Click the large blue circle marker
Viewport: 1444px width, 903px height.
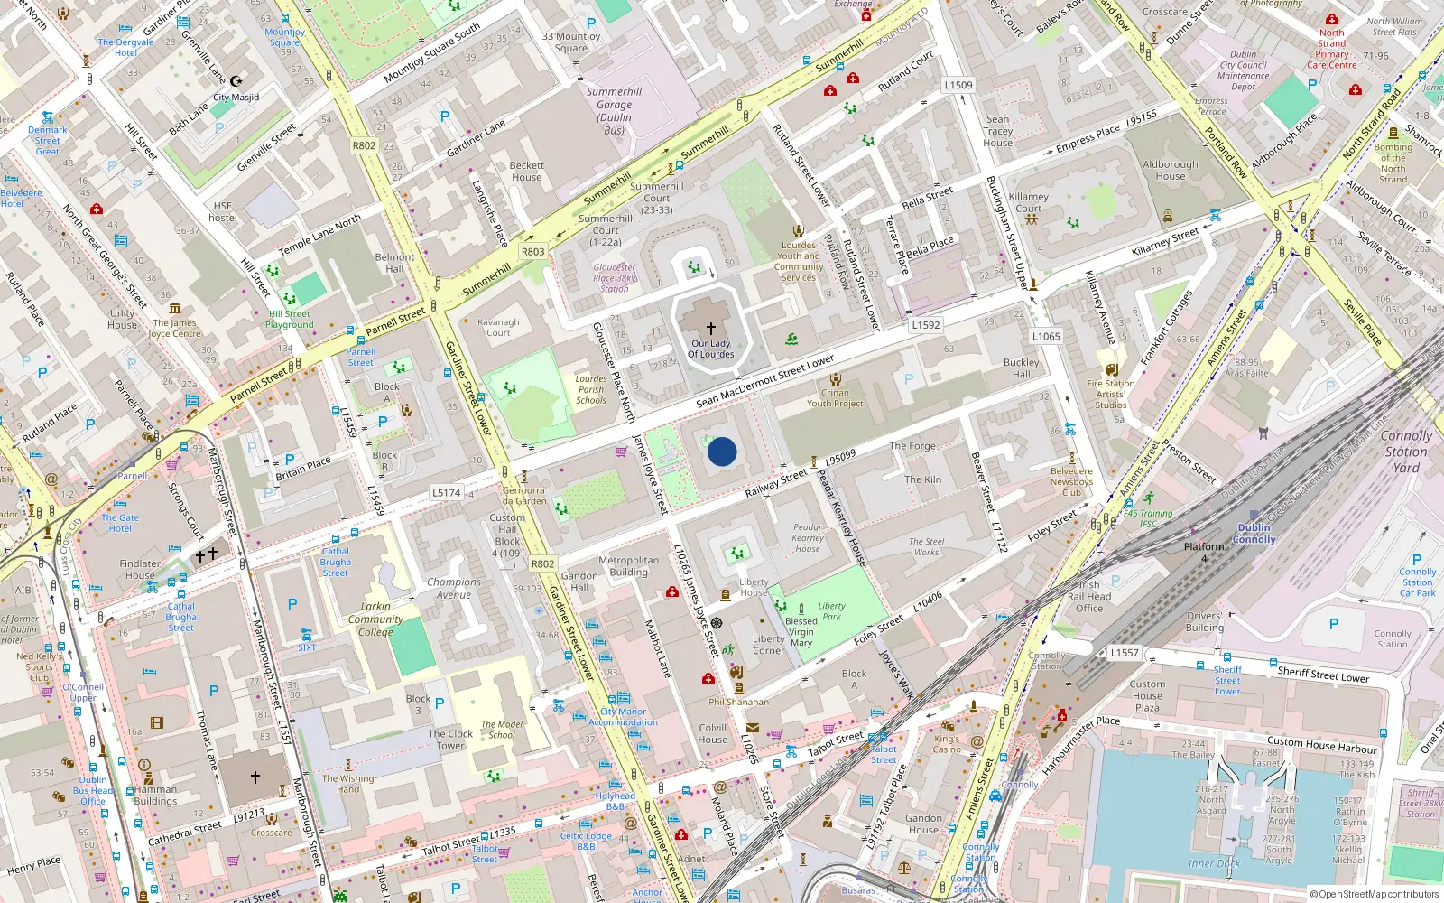click(722, 451)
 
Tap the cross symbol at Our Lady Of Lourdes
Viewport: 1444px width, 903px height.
click(711, 329)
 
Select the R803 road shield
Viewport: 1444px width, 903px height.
click(533, 252)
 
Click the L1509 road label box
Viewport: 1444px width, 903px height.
click(958, 86)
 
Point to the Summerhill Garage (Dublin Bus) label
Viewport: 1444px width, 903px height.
click(614, 111)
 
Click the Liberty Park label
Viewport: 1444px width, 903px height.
click(831, 611)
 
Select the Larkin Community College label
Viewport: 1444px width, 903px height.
click(375, 619)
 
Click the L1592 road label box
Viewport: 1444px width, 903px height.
click(926, 325)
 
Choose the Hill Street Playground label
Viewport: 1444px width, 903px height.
click(290, 320)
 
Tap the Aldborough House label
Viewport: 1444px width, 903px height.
click(1171, 170)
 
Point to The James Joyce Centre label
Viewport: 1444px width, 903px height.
click(174, 328)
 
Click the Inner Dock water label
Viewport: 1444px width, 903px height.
click(1214, 863)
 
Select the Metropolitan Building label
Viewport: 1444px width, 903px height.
click(628, 566)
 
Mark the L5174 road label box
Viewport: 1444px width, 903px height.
click(446, 493)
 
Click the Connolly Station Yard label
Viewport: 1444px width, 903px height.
click(1405, 451)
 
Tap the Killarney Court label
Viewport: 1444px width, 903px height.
click(1028, 202)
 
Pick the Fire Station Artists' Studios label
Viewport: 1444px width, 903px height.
click(1111, 395)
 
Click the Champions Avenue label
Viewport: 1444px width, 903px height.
click(454, 588)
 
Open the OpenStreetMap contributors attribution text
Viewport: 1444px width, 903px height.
click(1374, 894)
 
